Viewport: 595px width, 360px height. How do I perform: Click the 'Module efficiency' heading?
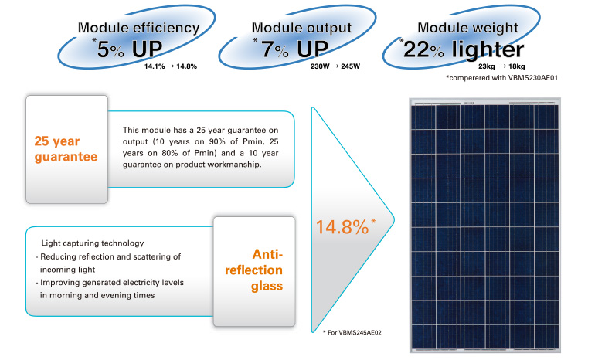138,28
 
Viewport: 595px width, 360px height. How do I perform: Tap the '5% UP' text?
129,49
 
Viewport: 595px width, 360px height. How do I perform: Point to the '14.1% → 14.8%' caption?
170,66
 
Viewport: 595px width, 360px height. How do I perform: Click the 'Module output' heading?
301,28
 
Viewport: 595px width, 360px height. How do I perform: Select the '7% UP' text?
294,49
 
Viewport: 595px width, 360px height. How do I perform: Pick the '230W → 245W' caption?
335,66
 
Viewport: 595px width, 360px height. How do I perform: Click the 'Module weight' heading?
467,28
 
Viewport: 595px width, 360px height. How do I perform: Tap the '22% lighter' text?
464,49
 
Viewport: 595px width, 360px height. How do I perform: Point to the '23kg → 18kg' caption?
501,66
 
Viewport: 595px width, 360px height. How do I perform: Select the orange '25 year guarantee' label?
66,148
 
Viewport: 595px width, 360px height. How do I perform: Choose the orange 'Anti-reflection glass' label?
254,270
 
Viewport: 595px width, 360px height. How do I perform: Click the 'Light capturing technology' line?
93,243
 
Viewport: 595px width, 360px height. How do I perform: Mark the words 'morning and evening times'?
102,295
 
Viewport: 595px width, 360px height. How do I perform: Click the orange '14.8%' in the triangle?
342,227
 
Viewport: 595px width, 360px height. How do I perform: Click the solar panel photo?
485,226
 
